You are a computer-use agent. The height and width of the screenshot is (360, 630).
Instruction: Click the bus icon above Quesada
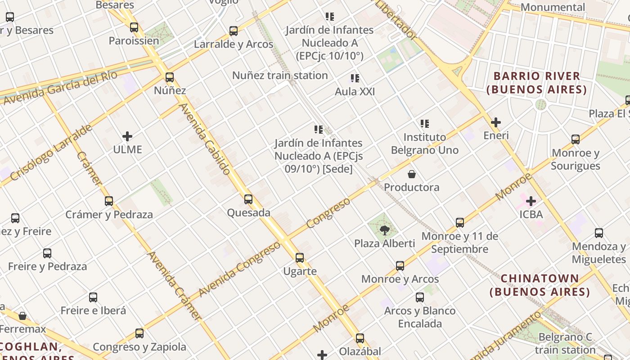click(x=248, y=199)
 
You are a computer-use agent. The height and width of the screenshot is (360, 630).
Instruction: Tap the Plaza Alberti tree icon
click(x=384, y=231)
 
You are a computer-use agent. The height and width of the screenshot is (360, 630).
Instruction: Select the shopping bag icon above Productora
click(x=411, y=174)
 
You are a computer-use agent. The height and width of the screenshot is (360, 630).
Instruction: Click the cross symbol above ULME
click(x=127, y=136)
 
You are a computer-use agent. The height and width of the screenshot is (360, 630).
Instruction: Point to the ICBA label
click(x=531, y=214)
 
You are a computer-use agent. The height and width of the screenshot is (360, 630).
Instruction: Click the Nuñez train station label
click(x=280, y=75)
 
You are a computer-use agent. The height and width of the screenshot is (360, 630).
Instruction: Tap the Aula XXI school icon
click(x=355, y=78)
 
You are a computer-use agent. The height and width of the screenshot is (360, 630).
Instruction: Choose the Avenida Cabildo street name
click(x=205, y=139)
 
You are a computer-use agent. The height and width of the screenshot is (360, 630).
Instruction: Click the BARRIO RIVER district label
click(x=536, y=82)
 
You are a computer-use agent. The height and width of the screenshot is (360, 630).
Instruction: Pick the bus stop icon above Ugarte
click(x=300, y=258)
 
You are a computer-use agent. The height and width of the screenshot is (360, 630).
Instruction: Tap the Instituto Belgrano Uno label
click(x=424, y=144)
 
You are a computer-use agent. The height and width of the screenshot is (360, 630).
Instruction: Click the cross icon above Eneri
click(x=495, y=122)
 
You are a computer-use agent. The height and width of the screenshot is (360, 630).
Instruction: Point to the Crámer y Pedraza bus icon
click(x=108, y=201)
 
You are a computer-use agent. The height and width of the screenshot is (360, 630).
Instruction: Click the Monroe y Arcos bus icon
click(x=400, y=266)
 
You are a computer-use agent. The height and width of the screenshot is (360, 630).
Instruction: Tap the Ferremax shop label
click(x=22, y=329)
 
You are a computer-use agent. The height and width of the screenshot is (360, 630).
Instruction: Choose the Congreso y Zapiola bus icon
click(x=139, y=333)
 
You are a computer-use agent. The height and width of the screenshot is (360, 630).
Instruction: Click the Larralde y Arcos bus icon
click(x=233, y=31)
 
